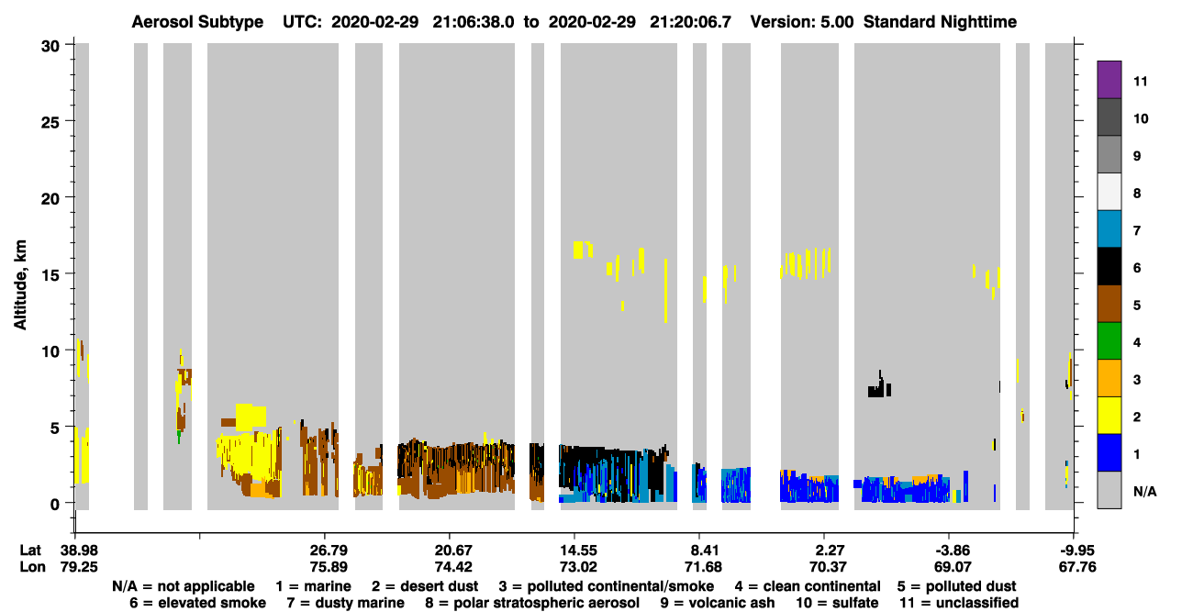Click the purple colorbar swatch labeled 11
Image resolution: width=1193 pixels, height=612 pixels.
[1109, 80]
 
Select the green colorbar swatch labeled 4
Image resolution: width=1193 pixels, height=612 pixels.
[1109, 341]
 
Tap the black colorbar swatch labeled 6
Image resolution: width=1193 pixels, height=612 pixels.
[1109, 266]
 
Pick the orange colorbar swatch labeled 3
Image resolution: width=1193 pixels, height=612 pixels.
[1109, 378]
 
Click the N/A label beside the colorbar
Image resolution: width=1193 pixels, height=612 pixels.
[1144, 491]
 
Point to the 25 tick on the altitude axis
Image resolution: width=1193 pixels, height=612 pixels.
[50, 122]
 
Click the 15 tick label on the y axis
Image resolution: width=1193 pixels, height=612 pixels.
[50, 275]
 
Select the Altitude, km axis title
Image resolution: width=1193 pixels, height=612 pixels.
[19, 285]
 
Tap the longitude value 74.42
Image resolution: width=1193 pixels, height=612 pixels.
[453, 567]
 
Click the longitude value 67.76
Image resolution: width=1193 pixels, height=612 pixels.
[1077, 567]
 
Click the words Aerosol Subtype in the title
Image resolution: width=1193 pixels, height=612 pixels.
[197, 22]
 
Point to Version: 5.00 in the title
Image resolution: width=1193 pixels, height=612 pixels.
[801, 22]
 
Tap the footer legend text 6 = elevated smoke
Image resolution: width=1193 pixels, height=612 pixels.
[197, 603]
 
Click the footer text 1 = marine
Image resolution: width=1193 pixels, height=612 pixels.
[313, 586]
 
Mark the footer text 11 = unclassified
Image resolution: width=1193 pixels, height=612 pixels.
[959, 603]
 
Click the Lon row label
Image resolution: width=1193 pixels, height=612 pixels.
[32, 567]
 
